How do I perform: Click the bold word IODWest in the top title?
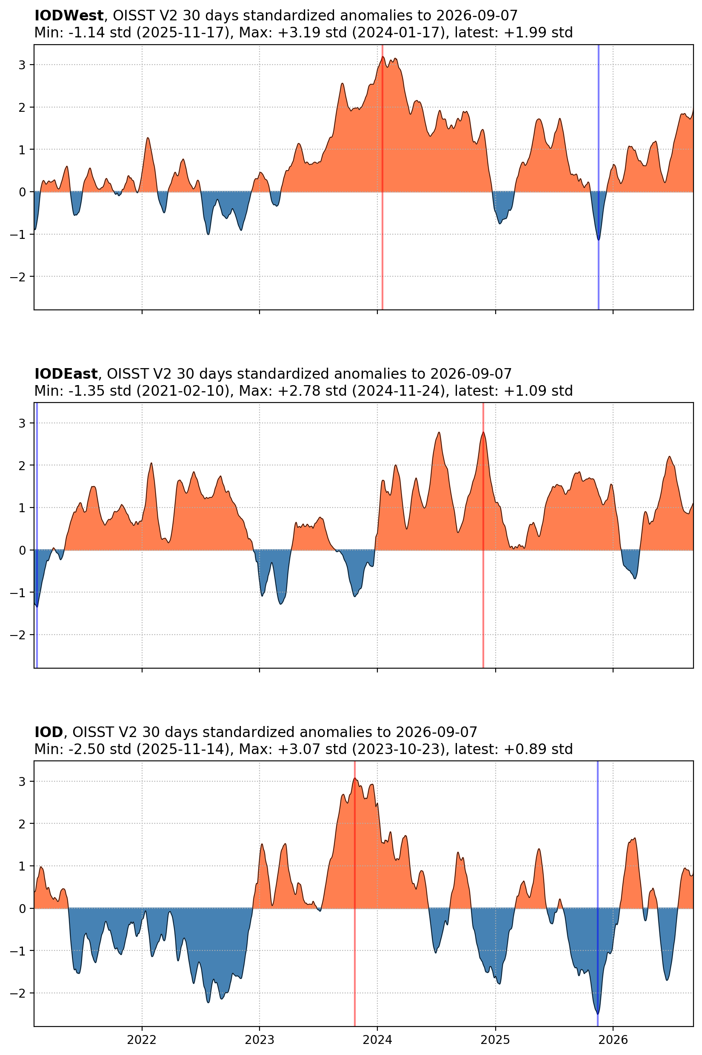point(69,16)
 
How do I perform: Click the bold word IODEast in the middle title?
point(66,374)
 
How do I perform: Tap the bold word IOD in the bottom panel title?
point(49,732)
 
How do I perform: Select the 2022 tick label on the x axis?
point(142,1040)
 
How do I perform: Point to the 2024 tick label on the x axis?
point(377,1040)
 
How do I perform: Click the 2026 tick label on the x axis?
point(613,1040)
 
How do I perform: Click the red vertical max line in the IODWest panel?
point(382,177)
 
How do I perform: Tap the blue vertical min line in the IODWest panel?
point(599,177)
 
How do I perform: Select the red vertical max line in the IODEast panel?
point(483,535)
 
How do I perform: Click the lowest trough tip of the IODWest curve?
point(599,240)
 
